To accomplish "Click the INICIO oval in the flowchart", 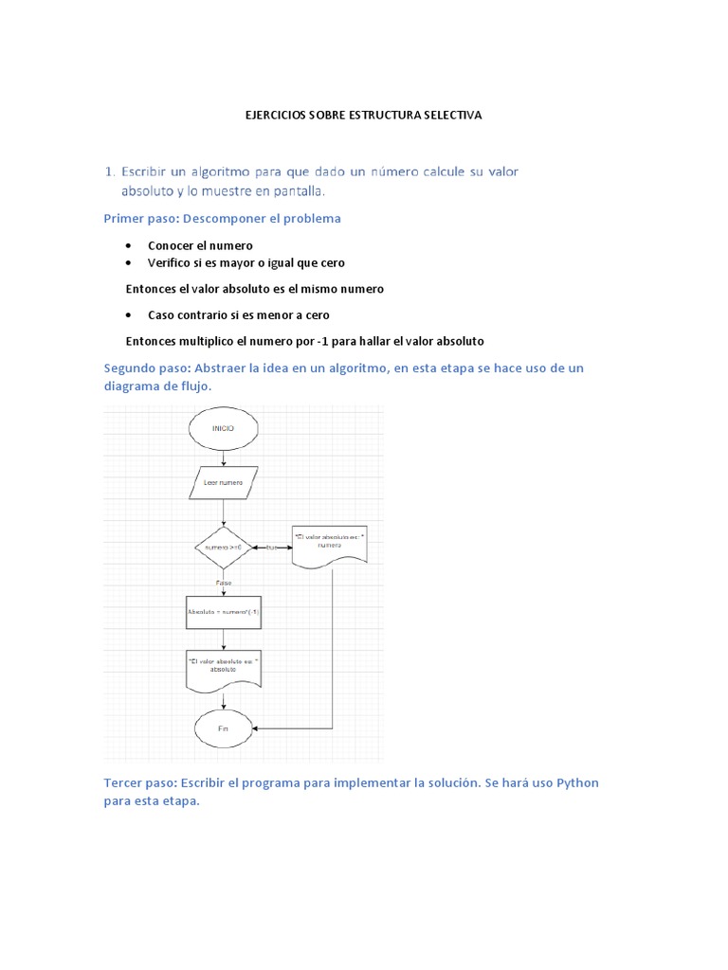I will pos(223,428).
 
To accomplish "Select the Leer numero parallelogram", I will pos(223,482).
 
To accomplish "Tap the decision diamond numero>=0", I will pos(223,548).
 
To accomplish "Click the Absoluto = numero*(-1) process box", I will pos(223,612).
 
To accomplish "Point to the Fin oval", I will pos(223,728).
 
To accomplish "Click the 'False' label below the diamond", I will pos(223,584).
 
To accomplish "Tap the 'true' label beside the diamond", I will pos(273,548).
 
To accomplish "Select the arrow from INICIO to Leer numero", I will pos(223,457).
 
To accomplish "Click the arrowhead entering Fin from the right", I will pos(260,728).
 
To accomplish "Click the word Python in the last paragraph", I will pos(577,783).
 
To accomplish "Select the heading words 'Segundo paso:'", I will pos(147,368).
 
